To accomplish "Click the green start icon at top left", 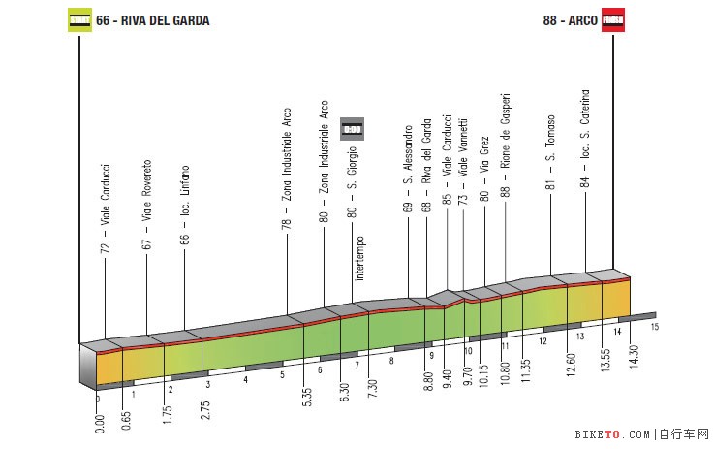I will (x=78, y=19).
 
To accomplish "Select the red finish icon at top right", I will (x=613, y=19).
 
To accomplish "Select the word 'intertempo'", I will (x=359, y=258).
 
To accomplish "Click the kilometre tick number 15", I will (x=655, y=327).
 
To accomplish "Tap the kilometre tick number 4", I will (x=245, y=379).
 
